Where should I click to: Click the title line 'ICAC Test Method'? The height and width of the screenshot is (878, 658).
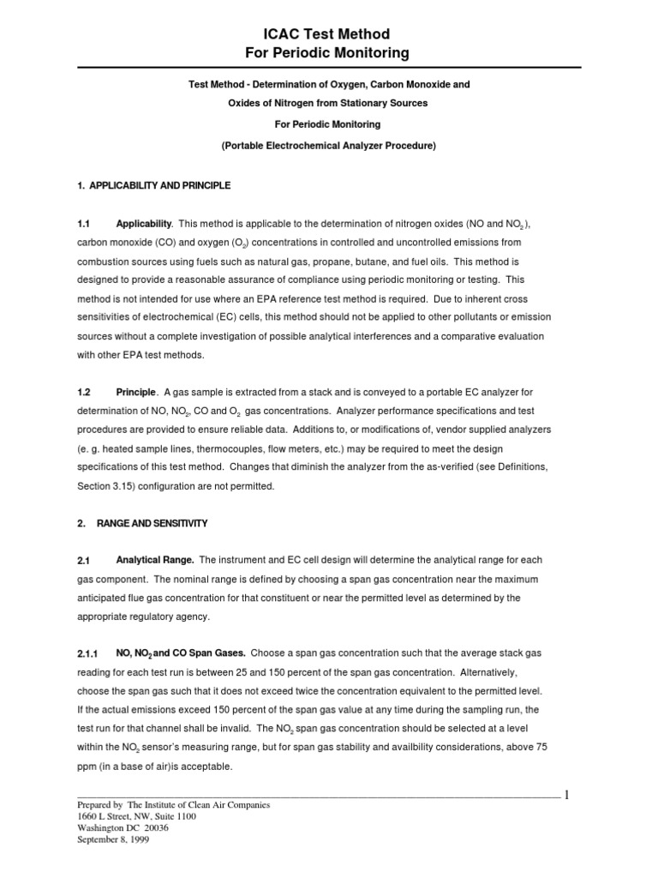[329, 34]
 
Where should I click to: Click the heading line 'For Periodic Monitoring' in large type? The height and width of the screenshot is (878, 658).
[329, 53]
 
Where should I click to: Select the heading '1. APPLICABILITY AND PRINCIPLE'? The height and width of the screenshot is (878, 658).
[153, 185]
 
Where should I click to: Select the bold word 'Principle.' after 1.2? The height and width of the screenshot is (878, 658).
[137, 392]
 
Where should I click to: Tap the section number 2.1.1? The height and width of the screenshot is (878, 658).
[88, 654]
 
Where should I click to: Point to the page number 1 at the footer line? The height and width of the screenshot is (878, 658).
[566, 796]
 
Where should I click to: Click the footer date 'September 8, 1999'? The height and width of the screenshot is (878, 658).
[113, 840]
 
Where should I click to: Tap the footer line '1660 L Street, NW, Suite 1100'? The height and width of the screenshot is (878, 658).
[136, 817]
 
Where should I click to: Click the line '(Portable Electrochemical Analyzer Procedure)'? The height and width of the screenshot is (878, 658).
[329, 147]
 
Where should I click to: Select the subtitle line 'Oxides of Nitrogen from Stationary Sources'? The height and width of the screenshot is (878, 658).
[329, 103]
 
